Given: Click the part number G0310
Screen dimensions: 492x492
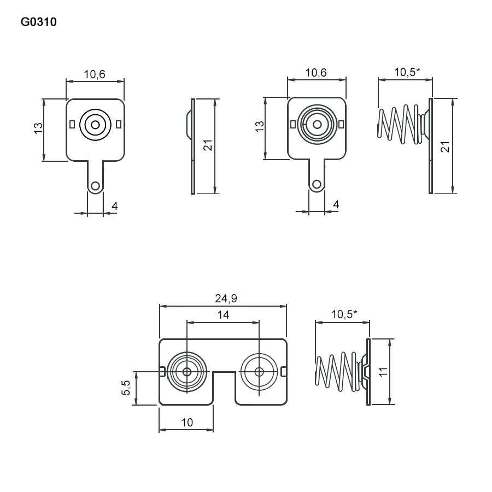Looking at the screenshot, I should pyautogui.click(x=38, y=22).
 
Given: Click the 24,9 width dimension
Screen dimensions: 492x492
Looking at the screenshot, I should pyautogui.click(x=222, y=298).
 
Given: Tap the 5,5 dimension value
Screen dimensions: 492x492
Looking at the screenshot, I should pyautogui.click(x=126, y=388).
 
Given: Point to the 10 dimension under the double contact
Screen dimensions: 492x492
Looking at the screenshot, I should pyautogui.click(x=187, y=422).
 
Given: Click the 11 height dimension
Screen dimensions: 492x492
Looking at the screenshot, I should pyautogui.click(x=383, y=372).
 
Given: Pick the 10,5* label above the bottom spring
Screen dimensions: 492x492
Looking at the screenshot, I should pyautogui.click(x=344, y=314).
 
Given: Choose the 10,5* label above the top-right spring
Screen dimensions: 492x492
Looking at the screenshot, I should pyautogui.click(x=407, y=72).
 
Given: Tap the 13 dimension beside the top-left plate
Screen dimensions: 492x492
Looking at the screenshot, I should pyautogui.click(x=38, y=128).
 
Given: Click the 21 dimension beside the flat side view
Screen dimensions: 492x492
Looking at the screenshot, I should pyautogui.click(x=207, y=146).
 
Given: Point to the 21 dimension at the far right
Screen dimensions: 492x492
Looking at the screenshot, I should pyautogui.click(x=445, y=146).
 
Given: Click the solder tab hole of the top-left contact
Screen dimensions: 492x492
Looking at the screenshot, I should pyautogui.click(x=95, y=186).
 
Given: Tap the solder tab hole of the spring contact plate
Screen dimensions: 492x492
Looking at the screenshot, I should pyautogui.click(x=317, y=183).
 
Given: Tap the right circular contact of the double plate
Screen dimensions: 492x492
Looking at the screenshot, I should pyautogui.click(x=259, y=372).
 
